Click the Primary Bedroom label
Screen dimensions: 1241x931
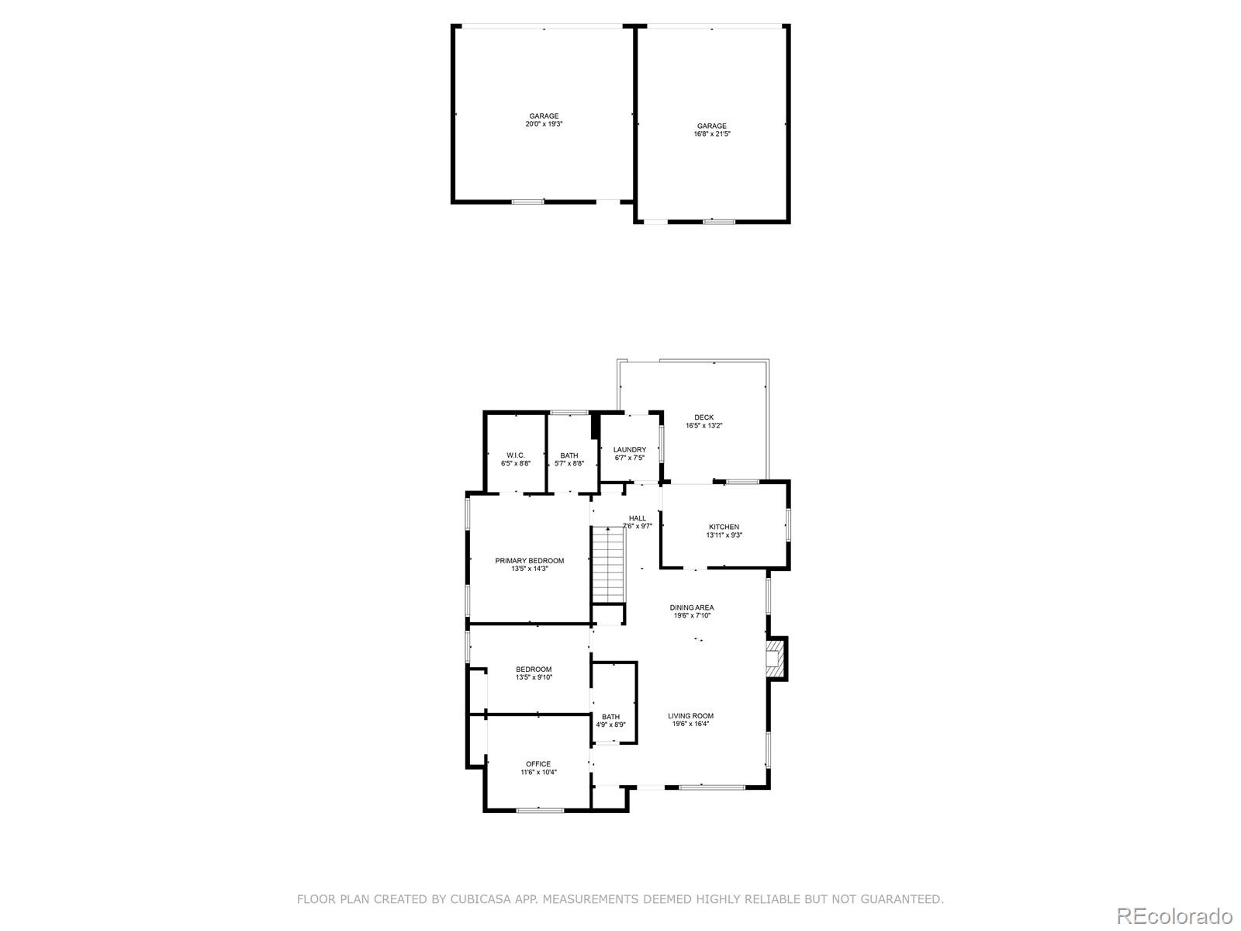pyautogui.click(x=529, y=561)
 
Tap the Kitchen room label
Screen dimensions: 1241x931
pyautogui.click(x=724, y=527)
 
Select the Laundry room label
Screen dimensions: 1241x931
pyautogui.click(x=629, y=450)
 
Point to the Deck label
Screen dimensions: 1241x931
pyautogui.click(x=704, y=417)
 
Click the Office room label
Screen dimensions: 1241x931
pyautogui.click(x=538, y=764)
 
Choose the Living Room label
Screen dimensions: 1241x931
pyautogui.click(x=690, y=716)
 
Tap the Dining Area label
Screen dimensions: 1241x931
pyautogui.click(x=691, y=607)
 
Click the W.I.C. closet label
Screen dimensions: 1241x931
pyautogui.click(x=516, y=455)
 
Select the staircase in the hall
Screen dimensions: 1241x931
pyautogui.click(x=608, y=565)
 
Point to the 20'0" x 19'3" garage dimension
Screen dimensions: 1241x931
pyautogui.click(x=544, y=124)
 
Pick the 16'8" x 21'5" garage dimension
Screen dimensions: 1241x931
pyautogui.click(x=712, y=134)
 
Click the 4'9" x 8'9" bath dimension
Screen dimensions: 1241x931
pyautogui.click(x=610, y=725)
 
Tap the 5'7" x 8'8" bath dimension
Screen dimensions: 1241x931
pyautogui.click(x=569, y=463)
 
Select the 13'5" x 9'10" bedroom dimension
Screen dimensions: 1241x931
pyautogui.click(x=534, y=677)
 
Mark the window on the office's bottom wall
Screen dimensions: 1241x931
pyautogui.click(x=539, y=811)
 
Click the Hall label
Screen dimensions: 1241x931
pyautogui.click(x=638, y=518)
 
